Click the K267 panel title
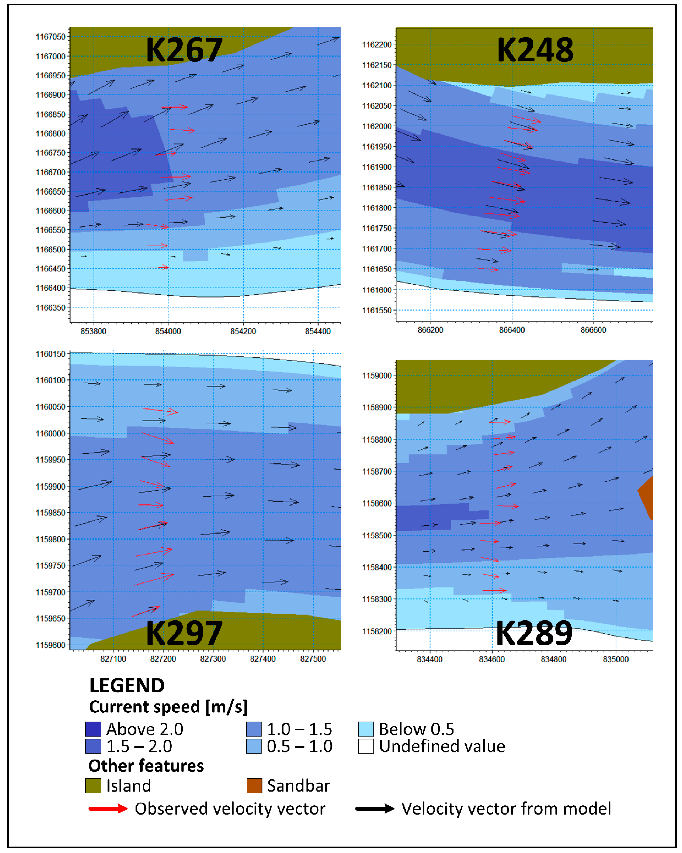point(184,50)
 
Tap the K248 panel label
point(535,50)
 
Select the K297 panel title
point(184,633)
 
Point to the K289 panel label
point(534,633)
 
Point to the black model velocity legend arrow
point(375,809)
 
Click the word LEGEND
point(127,686)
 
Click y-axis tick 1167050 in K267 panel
point(51,37)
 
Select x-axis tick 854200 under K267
point(243,331)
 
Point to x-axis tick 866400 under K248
point(512,330)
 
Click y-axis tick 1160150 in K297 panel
point(51,354)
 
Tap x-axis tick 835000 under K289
point(615,659)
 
